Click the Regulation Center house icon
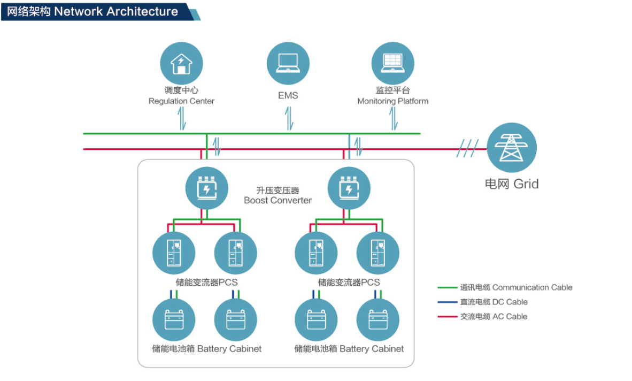click(x=181, y=63)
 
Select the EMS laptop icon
click(x=288, y=63)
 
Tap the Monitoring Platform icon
click(x=393, y=63)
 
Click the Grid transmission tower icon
click(x=512, y=148)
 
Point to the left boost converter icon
click(x=206, y=188)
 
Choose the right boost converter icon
click(x=349, y=188)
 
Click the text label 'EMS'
click(x=288, y=96)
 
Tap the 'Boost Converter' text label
click(x=278, y=201)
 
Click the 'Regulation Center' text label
click(x=181, y=101)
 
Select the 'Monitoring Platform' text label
click(x=392, y=101)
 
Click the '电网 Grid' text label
click(x=512, y=184)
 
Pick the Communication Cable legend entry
click(x=505, y=287)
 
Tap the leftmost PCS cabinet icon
click(x=174, y=253)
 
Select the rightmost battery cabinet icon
click(x=377, y=320)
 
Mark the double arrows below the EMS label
click(x=289, y=118)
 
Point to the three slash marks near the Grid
click(x=467, y=149)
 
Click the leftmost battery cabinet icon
click(x=174, y=320)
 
